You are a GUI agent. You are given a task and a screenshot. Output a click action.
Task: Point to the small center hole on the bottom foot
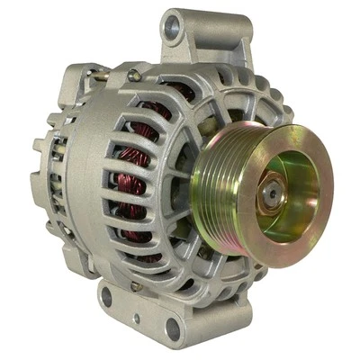pos(137,318)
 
